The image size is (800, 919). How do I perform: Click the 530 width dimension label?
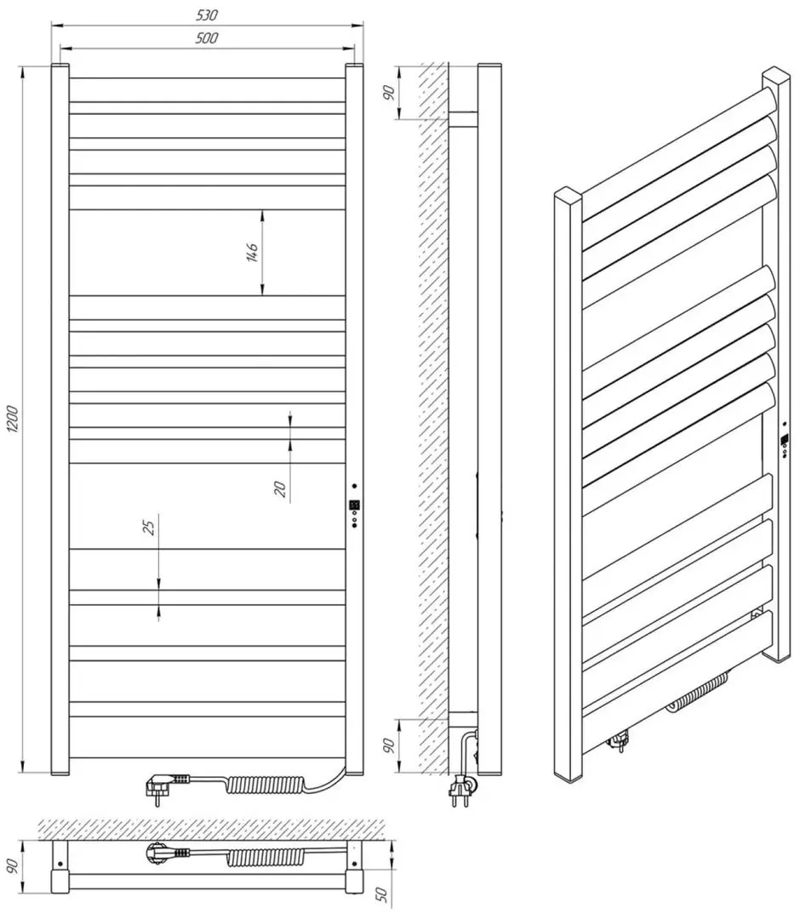pyautogui.click(x=207, y=15)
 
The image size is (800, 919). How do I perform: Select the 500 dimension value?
pyautogui.click(x=207, y=38)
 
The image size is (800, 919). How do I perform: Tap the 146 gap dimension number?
pyautogui.click(x=252, y=252)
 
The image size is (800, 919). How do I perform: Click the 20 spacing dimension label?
pyautogui.click(x=281, y=488)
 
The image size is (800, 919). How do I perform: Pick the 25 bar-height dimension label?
pyautogui.click(x=150, y=527)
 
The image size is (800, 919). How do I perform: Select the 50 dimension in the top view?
pyautogui.click(x=381, y=893)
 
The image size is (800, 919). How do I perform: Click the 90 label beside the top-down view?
pyautogui.click(x=13, y=865)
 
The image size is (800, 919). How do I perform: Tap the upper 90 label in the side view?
pyautogui.click(x=389, y=93)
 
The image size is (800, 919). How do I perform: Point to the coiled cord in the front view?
pyautogui.click(x=266, y=785)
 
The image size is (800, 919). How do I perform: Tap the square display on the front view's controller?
pyautogui.click(x=354, y=504)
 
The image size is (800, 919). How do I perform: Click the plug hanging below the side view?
pyautogui.click(x=461, y=787)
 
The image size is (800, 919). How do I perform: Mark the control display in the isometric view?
pyautogui.click(x=784, y=440)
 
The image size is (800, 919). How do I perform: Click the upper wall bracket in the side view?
pyautogui.click(x=462, y=120)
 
